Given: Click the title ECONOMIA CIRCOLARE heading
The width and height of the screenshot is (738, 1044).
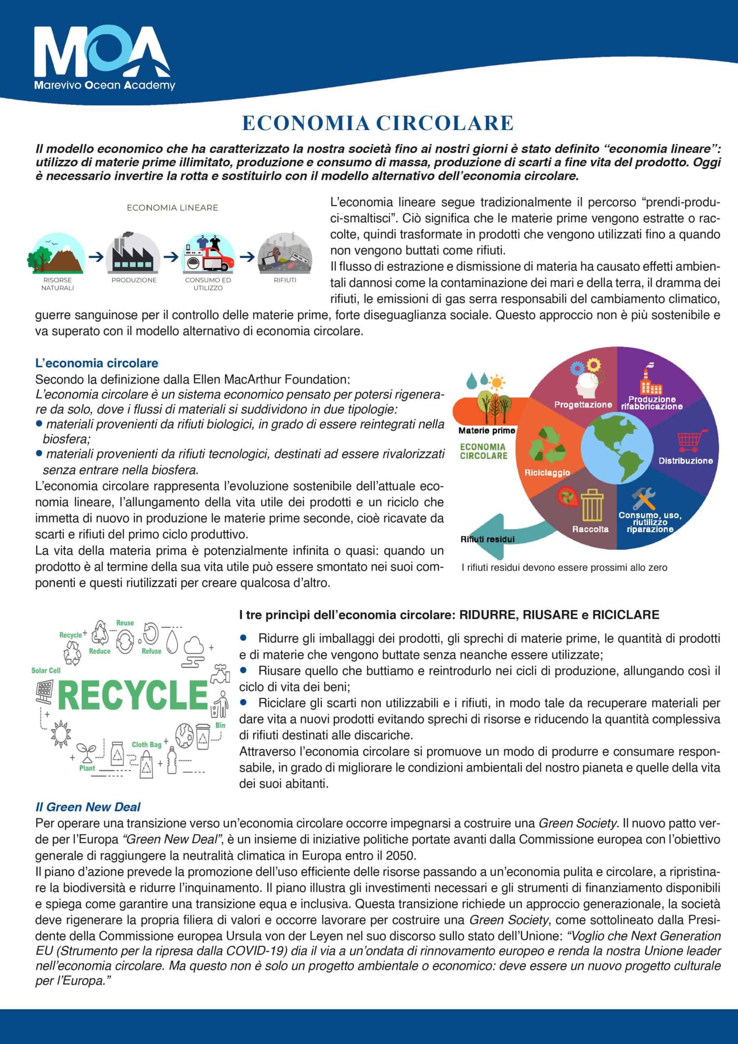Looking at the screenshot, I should coord(378,123).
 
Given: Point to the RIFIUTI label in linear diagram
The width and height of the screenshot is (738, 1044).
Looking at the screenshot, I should coord(285,280).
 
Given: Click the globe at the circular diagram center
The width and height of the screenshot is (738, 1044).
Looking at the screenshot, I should coord(616,450).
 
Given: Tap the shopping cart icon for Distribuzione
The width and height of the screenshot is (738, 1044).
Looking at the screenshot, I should coord(692,440).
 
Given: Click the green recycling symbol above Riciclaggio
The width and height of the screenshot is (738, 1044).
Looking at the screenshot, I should coord(548,446).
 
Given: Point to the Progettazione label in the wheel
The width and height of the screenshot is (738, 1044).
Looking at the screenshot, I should coord(583,404).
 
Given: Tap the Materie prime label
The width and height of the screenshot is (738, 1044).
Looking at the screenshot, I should coord(486,430).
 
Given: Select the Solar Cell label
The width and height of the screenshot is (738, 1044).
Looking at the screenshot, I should coord(46,670).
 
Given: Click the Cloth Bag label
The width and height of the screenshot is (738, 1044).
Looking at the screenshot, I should coord(146,744).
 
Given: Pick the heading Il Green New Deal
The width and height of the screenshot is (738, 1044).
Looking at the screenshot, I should coord(88,807).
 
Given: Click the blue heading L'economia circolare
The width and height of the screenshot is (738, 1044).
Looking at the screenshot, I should coord(96,363).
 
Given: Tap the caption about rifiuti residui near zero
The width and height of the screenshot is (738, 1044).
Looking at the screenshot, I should coord(564,567).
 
